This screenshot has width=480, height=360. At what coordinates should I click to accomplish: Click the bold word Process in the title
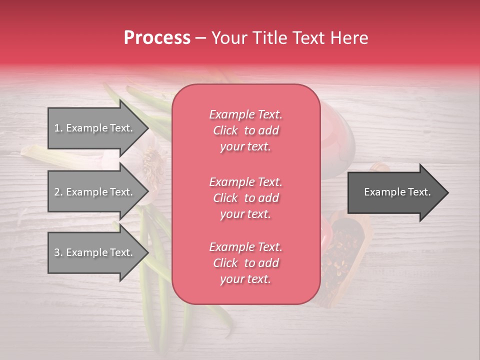click(157, 38)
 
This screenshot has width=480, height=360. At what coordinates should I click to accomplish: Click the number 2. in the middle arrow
click(58, 192)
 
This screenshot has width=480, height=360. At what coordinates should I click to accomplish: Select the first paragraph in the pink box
click(245, 130)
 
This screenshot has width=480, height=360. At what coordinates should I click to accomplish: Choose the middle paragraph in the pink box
click(245, 198)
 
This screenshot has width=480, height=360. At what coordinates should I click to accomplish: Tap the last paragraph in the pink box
click(245, 263)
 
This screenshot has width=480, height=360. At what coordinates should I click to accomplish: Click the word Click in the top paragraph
click(225, 131)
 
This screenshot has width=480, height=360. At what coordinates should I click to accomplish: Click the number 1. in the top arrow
click(58, 128)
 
